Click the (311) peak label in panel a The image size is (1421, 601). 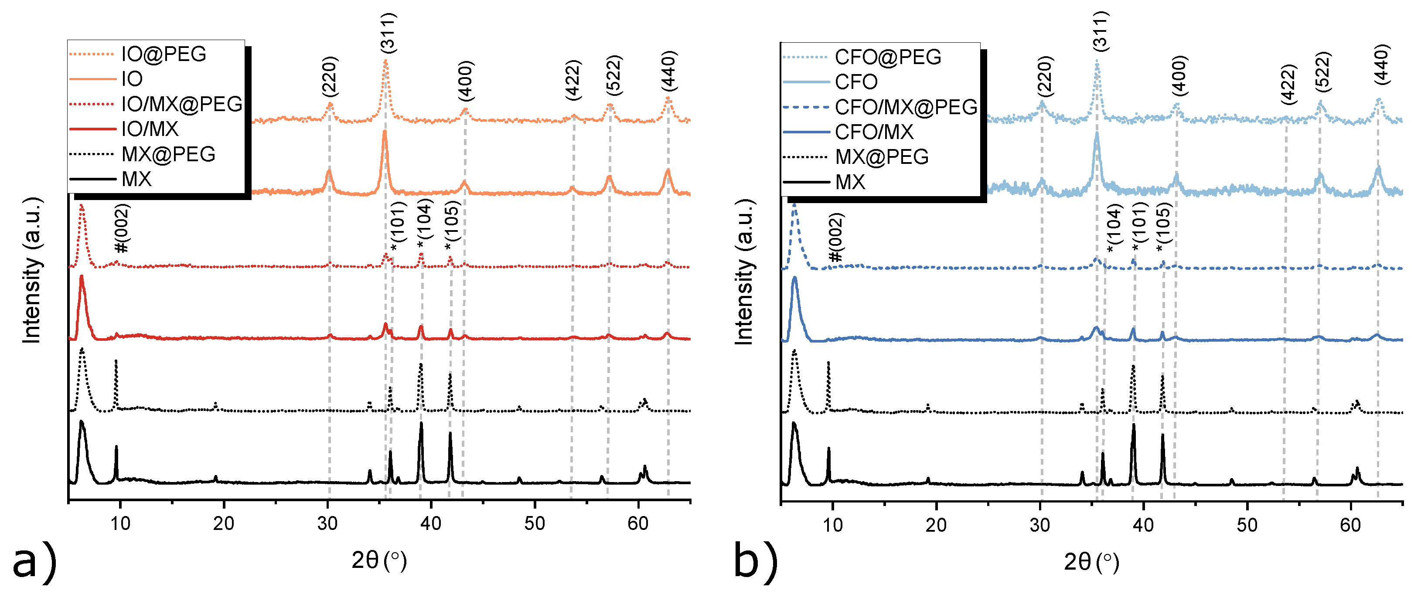(x=388, y=33)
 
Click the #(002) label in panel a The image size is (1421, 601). (x=121, y=228)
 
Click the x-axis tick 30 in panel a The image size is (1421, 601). (x=327, y=523)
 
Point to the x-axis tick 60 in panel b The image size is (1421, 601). (x=1350, y=525)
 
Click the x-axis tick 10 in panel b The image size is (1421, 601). (x=832, y=525)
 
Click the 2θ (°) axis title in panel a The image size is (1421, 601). (x=379, y=561)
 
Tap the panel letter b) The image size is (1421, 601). (x=755, y=562)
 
